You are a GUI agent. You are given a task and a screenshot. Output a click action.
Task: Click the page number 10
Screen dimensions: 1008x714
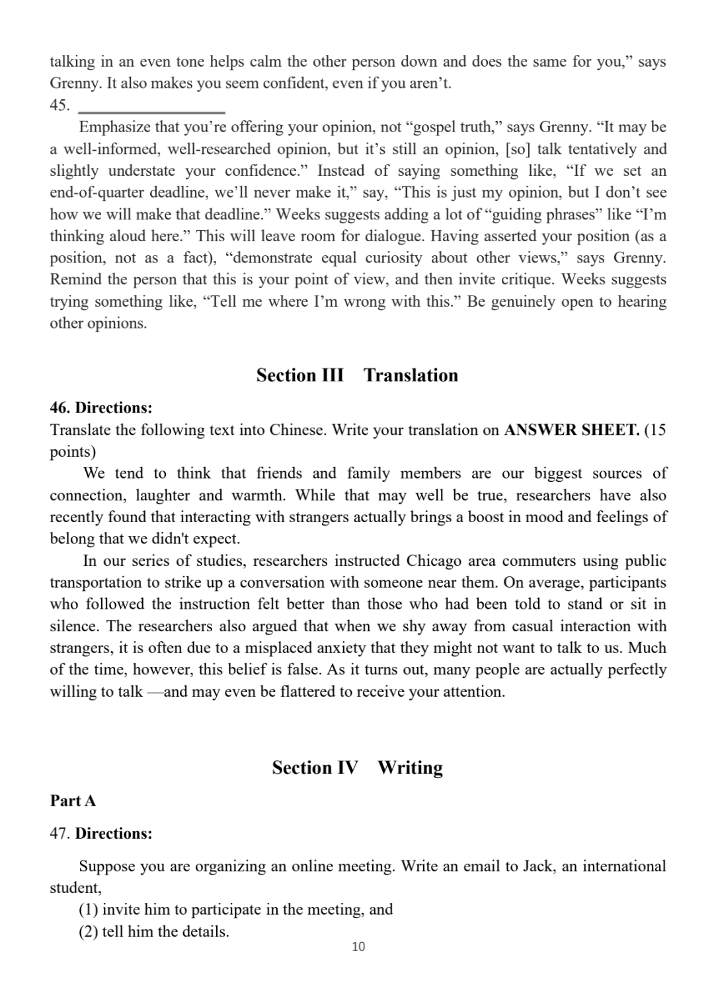[358, 947]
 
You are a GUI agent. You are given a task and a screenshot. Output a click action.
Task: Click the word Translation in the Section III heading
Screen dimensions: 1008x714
[411, 375]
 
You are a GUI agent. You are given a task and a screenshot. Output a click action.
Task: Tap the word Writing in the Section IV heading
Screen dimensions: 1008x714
[410, 767]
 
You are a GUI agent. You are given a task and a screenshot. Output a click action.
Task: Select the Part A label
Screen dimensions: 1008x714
[73, 800]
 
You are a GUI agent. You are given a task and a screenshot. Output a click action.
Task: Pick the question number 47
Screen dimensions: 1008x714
[59, 834]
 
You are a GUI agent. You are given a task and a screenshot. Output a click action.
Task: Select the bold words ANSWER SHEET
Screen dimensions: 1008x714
[571, 430]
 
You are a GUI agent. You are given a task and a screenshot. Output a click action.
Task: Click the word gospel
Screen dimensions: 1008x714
[439, 127]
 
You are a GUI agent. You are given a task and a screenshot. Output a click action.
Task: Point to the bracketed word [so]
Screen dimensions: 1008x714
[518, 149]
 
